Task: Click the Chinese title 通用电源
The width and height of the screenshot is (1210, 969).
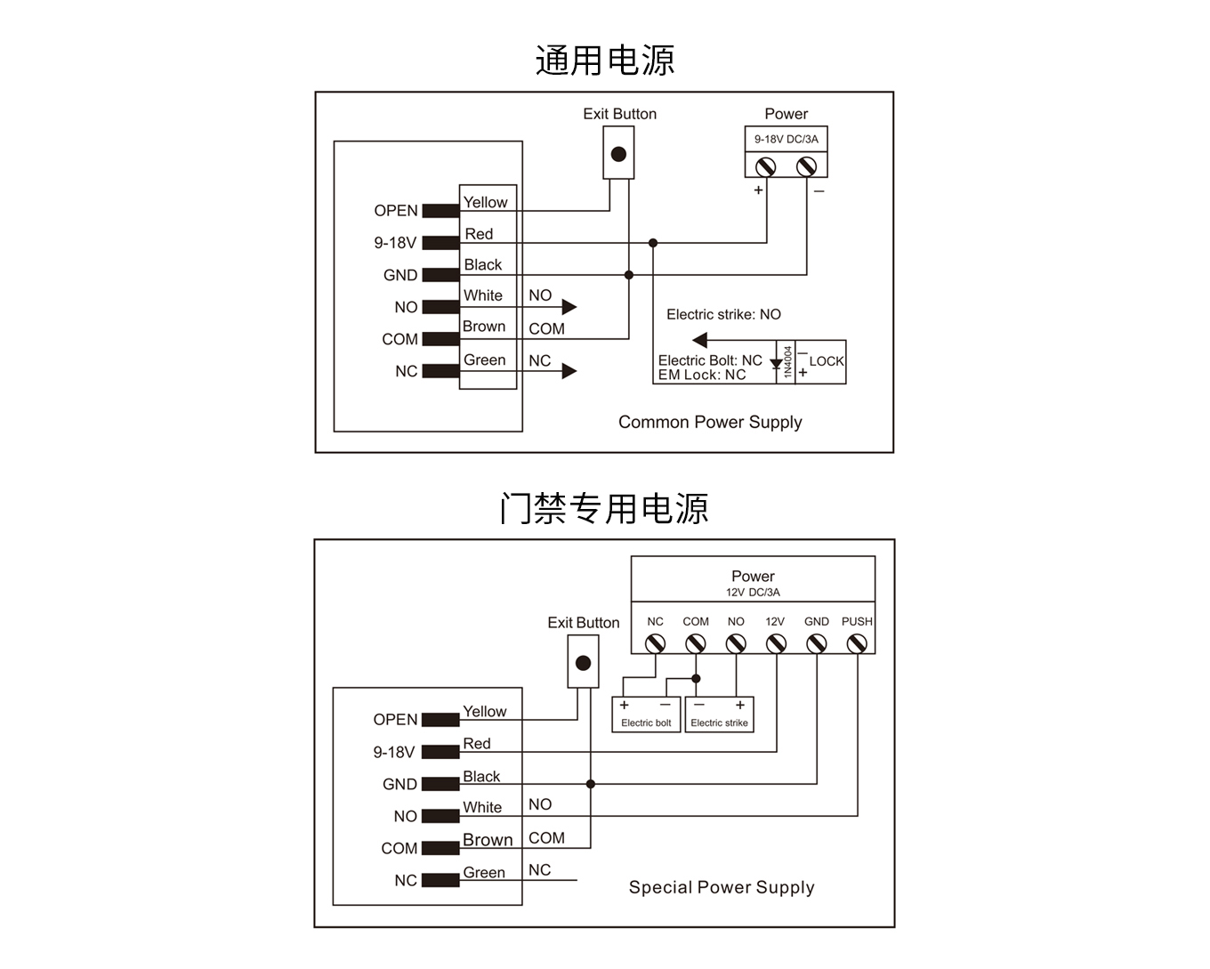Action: click(x=604, y=61)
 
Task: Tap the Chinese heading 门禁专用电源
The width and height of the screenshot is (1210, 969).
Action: click(x=604, y=509)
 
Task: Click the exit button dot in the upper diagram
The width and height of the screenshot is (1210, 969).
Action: click(x=618, y=154)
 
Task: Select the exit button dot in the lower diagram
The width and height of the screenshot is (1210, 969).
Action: click(x=583, y=663)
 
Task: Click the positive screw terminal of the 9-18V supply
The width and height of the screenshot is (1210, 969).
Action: click(x=765, y=166)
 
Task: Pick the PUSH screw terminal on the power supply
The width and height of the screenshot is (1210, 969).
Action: click(x=857, y=643)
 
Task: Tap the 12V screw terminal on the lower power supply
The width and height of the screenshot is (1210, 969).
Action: click(x=776, y=643)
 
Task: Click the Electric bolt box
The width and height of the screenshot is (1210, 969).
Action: click(x=646, y=715)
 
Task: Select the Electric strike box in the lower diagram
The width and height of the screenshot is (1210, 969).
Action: click(x=719, y=715)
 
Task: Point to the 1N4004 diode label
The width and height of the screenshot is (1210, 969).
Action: click(x=787, y=362)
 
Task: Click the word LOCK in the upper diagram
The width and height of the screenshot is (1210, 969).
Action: click(x=826, y=361)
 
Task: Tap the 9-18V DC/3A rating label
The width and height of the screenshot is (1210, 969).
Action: click(x=786, y=139)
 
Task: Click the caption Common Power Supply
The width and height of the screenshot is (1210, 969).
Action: click(x=710, y=422)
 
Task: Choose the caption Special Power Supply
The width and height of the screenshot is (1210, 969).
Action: click(x=722, y=887)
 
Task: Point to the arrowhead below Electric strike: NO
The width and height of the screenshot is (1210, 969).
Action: click(x=700, y=339)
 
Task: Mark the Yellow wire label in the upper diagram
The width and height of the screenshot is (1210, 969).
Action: click(x=485, y=203)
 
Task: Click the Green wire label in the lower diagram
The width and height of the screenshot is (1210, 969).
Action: click(x=484, y=873)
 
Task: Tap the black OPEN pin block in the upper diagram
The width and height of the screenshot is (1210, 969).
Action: click(x=440, y=211)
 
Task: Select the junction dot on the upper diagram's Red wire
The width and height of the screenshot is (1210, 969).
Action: click(x=653, y=243)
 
